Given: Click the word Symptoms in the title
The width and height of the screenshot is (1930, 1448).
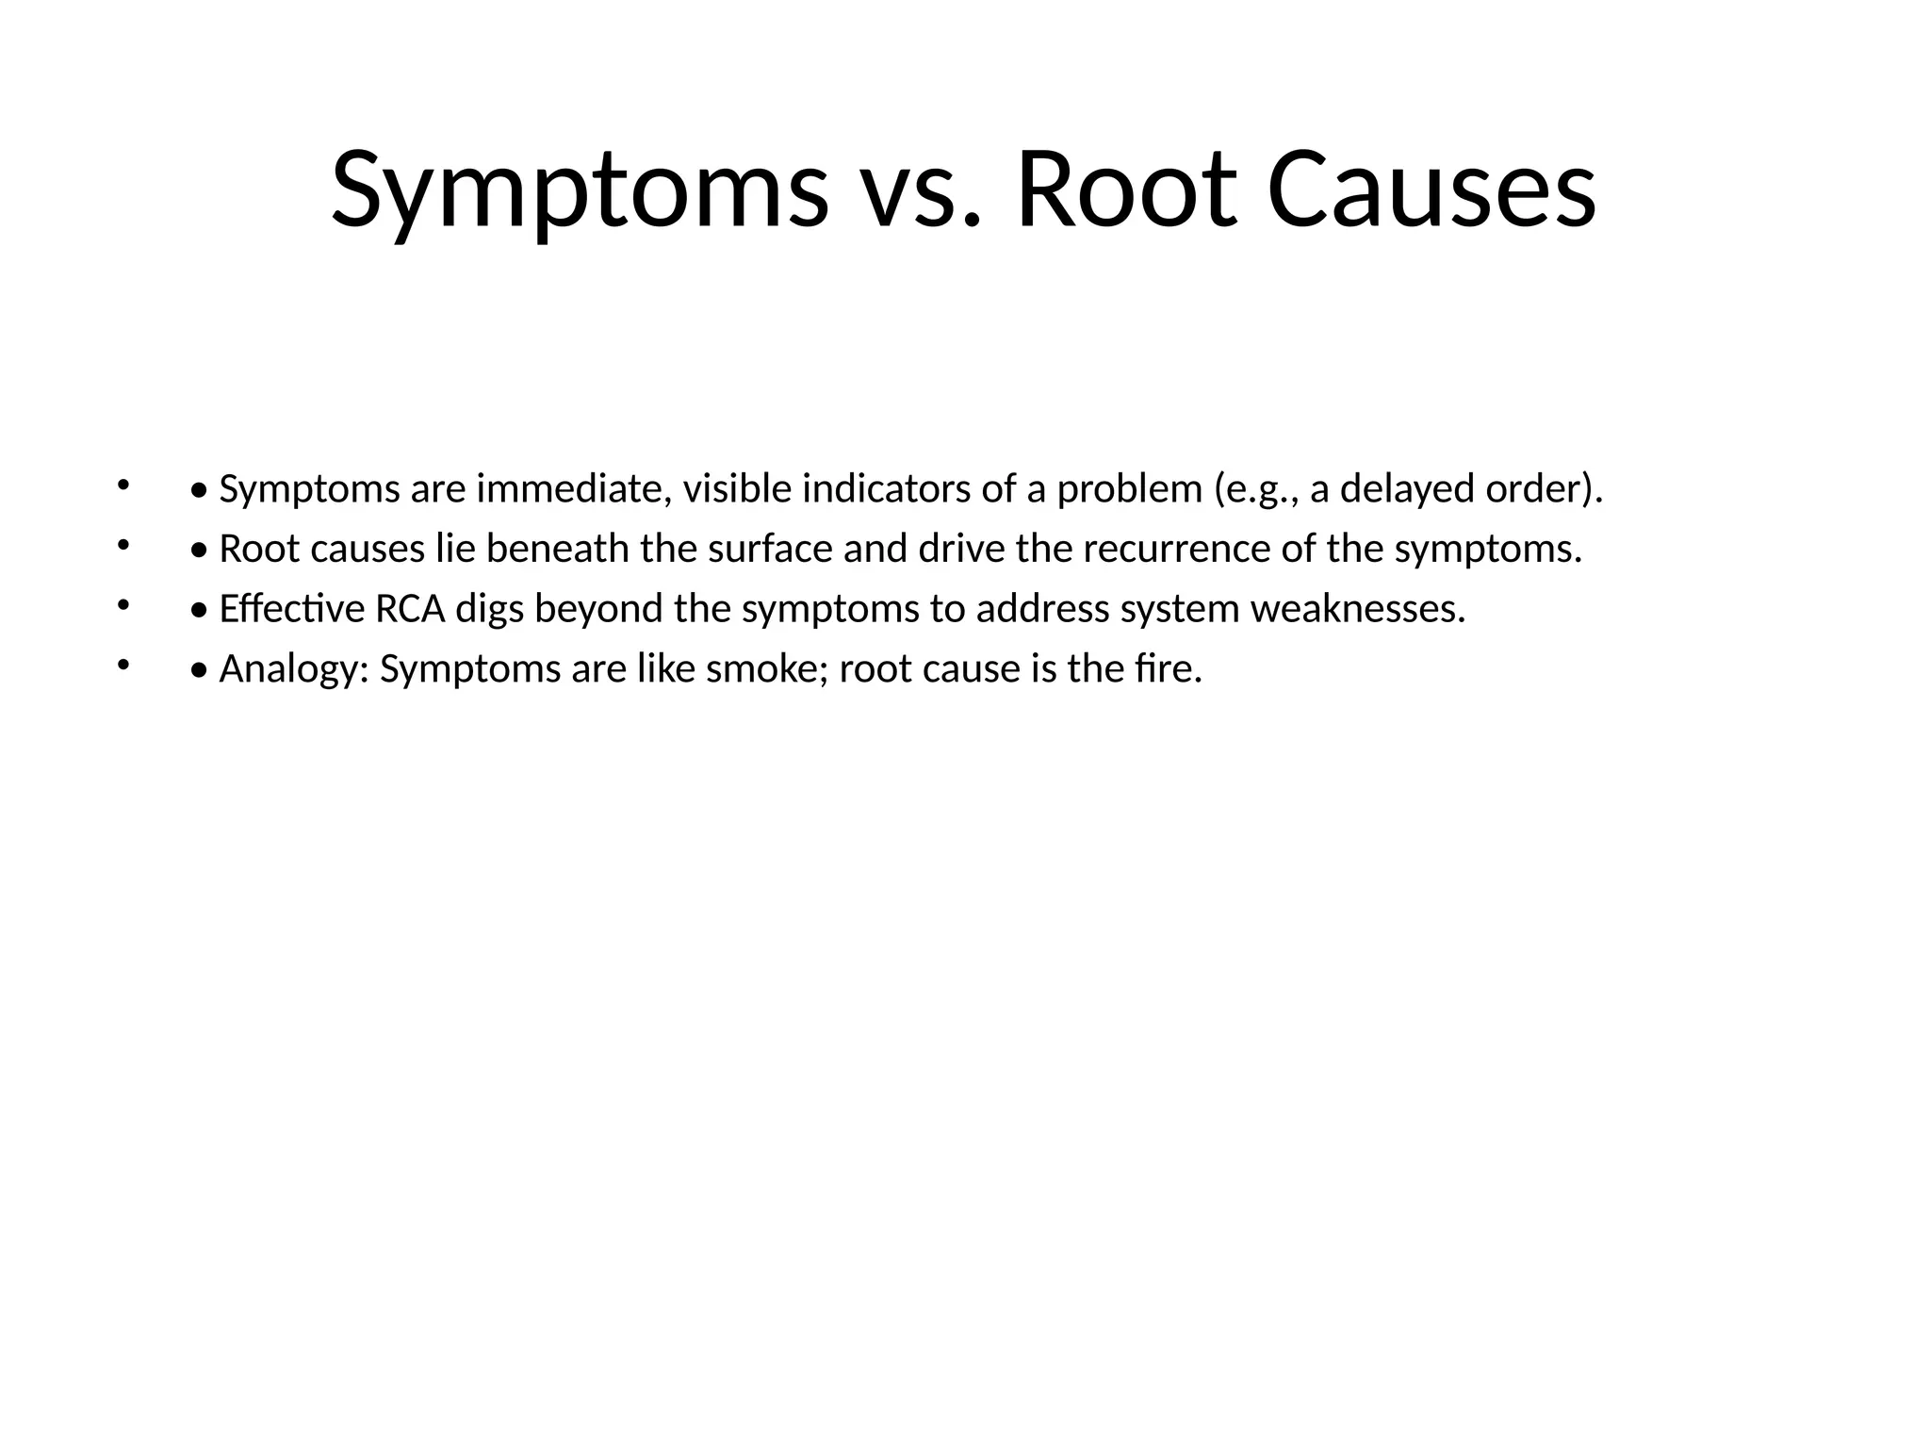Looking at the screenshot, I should [x=580, y=191].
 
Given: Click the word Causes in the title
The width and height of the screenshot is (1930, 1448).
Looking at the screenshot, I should [x=1431, y=191].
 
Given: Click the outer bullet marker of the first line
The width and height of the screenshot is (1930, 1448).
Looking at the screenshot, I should [x=123, y=485].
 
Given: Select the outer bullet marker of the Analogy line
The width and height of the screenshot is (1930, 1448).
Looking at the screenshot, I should [x=123, y=666].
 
